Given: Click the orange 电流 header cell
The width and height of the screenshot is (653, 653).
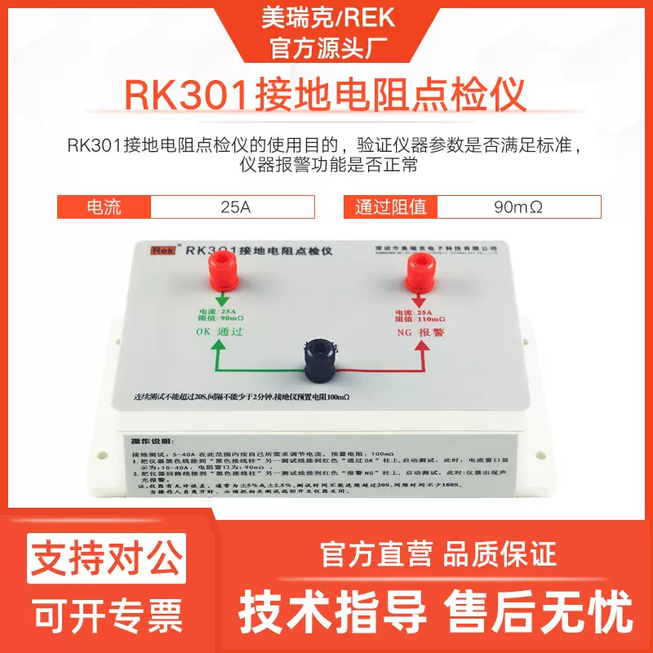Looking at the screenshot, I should pyautogui.click(x=104, y=207).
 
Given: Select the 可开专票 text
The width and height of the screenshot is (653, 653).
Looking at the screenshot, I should pyautogui.click(x=107, y=613).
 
